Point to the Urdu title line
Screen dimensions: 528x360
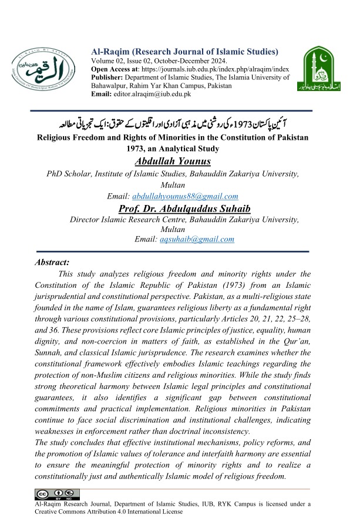(x=180, y=125)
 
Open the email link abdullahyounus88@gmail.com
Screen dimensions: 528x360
(x=186, y=196)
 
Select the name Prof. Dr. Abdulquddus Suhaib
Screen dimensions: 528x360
(x=180, y=208)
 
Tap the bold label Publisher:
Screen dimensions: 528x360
(x=110, y=77)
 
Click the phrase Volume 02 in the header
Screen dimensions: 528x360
(x=110, y=60)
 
